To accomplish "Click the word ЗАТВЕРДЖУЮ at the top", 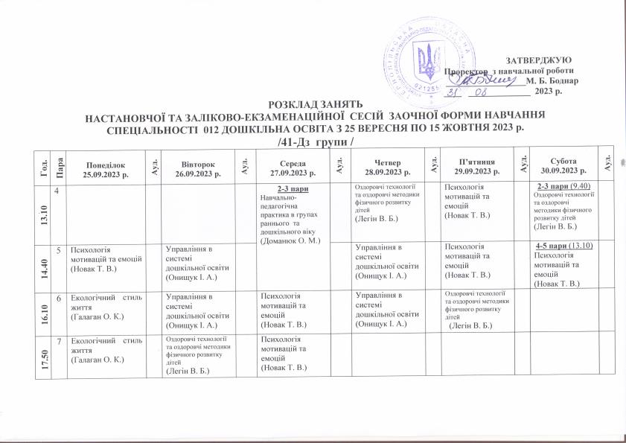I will click(538, 59).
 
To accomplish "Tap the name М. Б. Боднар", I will click(552, 79).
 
